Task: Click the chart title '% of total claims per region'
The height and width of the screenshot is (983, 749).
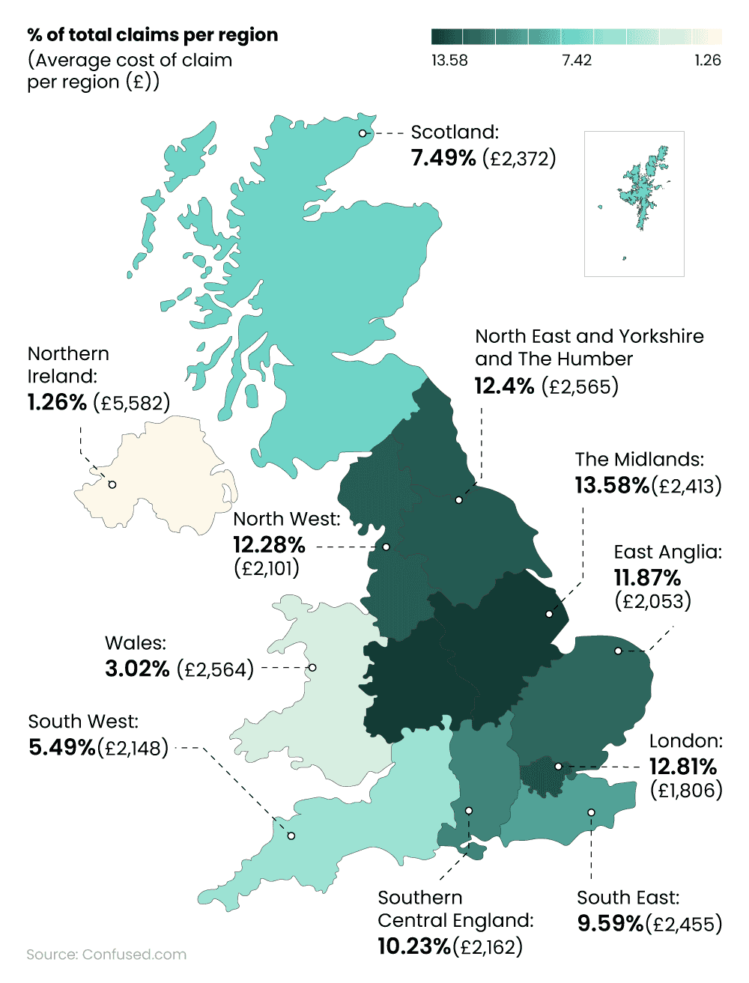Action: point(152,35)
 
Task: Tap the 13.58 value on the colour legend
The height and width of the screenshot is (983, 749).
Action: point(449,61)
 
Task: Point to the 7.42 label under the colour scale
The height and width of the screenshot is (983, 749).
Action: point(577,61)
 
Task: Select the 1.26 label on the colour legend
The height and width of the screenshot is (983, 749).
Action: point(707,61)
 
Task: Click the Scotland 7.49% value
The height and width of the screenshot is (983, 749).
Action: point(443,158)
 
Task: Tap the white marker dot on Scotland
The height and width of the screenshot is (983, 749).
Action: point(363,133)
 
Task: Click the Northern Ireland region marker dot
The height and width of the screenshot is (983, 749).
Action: point(112,485)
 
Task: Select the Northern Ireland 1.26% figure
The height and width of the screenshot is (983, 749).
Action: point(58,403)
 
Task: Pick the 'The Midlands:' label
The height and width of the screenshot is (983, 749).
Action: point(640,459)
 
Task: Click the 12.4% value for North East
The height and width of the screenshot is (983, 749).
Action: point(504,386)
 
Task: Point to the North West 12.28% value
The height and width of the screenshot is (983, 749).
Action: point(269,544)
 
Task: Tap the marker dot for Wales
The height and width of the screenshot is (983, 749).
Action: point(313,667)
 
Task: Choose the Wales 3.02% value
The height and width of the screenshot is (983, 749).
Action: point(137,669)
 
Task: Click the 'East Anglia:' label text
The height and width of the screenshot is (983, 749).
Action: point(667,553)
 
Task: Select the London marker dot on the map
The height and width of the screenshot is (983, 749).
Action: point(558,767)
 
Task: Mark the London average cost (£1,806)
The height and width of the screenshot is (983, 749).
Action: point(686,790)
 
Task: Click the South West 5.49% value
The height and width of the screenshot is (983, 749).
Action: point(62,747)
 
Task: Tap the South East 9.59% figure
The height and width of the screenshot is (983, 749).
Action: point(610,924)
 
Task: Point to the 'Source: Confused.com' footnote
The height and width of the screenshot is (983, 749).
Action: point(106,955)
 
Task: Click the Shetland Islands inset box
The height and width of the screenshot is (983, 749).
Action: point(634,204)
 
